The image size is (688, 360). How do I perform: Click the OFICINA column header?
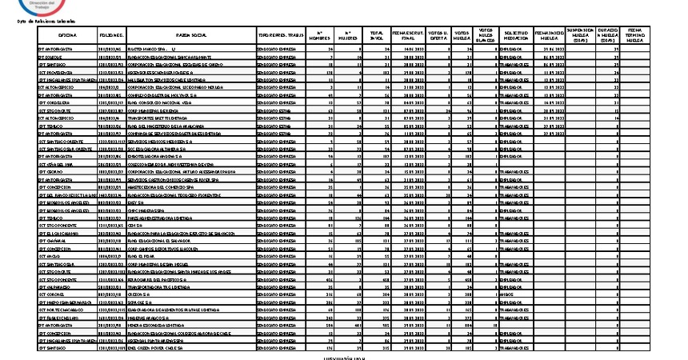coord(67,36)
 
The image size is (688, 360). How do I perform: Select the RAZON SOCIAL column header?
coord(187,36)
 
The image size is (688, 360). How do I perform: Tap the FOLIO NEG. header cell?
coord(110,36)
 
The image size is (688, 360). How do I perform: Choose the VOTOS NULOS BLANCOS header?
coord(487,36)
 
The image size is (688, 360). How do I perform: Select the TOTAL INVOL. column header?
coord(377,36)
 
